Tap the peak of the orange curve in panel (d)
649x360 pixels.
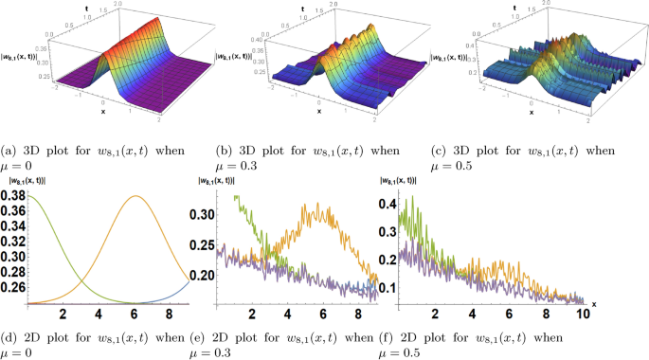click(136, 197)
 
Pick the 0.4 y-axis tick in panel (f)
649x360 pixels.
click(388, 204)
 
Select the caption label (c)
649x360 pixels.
click(438, 151)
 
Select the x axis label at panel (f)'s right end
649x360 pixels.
click(594, 303)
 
